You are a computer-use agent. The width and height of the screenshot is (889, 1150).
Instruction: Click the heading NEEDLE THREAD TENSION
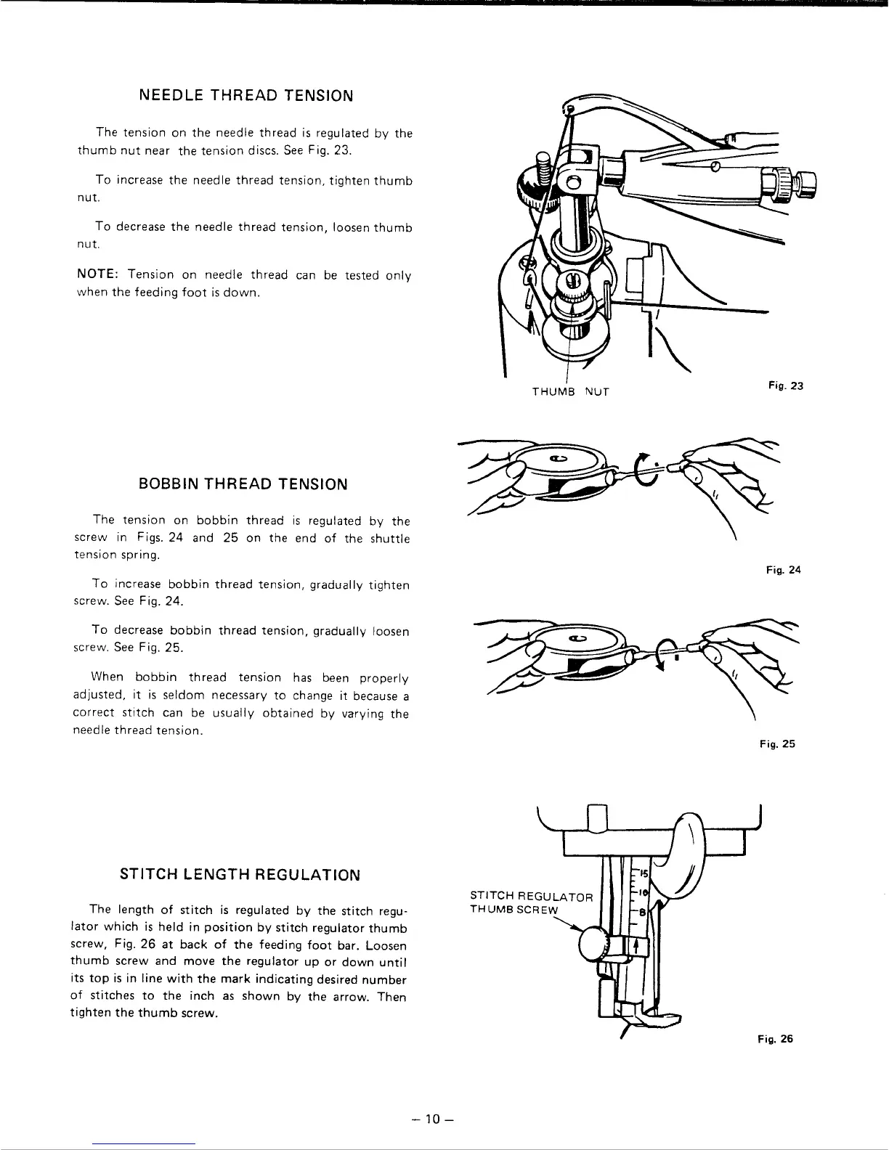[245, 96]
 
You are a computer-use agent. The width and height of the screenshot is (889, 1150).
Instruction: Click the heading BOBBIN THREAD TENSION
[243, 484]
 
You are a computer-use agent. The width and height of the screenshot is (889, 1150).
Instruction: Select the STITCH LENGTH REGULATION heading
[240, 874]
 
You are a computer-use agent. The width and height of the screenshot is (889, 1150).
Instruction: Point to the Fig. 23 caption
[787, 386]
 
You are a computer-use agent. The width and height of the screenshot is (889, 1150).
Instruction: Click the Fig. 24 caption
[783, 570]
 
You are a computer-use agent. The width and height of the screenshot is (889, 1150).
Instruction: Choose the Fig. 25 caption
[778, 744]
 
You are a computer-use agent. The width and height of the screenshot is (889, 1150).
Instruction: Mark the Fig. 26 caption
[776, 1039]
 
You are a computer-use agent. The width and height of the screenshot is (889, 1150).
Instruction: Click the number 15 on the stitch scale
[643, 873]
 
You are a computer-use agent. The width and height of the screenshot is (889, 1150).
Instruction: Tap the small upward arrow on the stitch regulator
[636, 945]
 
